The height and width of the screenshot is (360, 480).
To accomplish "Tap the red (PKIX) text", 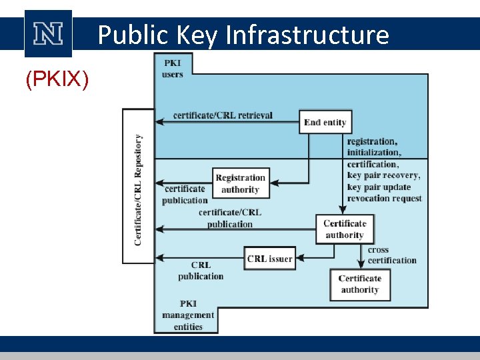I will (x=57, y=79).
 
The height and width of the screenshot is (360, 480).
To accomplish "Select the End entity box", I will (x=325, y=122).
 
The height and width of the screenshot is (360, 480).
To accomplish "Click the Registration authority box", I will (x=240, y=183).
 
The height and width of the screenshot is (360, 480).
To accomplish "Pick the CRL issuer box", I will (x=269, y=259).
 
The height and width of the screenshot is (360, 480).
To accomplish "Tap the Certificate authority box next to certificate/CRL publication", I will (x=345, y=229).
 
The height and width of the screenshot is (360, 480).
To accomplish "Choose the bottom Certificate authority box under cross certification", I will (x=359, y=284).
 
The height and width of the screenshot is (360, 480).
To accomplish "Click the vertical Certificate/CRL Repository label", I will (x=138, y=189).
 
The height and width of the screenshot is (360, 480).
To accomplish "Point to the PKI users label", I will (x=172, y=69).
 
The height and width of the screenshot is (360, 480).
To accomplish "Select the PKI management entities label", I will (x=187, y=315).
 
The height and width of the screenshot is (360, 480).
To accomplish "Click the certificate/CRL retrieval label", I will (x=223, y=115).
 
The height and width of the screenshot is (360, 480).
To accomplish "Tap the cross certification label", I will (x=392, y=255).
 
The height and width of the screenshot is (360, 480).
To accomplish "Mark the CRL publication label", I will (x=201, y=270).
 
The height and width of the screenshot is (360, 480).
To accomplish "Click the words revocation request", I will (x=384, y=198).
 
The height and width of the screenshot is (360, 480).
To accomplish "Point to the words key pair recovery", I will (x=383, y=175).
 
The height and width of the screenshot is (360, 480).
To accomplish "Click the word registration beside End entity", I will (x=371, y=141).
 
